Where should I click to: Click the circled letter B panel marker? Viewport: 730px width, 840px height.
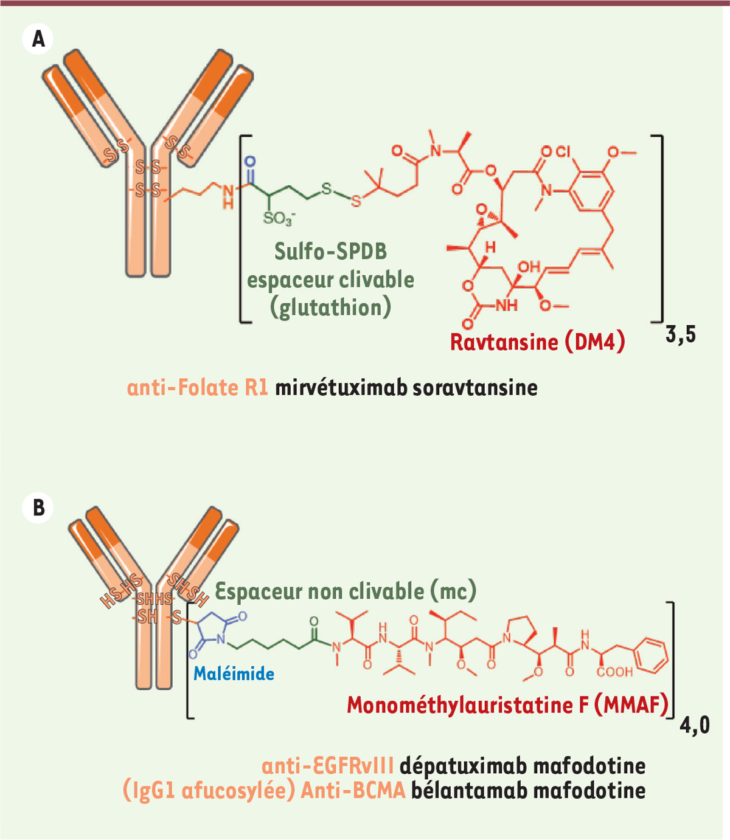coord(38,508)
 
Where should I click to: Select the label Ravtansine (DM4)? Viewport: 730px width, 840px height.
coord(537,342)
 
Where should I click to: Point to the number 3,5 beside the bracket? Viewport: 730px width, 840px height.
coord(681,336)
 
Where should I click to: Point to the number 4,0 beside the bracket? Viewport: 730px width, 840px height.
coord(695,726)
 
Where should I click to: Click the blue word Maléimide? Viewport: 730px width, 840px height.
coord(234,673)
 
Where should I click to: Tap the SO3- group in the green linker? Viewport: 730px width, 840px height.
coord(279,218)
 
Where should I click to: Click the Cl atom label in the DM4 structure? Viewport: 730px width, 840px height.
coord(563,152)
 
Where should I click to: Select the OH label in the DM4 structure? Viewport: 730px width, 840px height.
coord(529,267)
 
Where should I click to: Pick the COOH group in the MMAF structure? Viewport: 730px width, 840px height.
coord(614,672)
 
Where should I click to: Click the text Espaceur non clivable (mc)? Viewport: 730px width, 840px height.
coord(346,591)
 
